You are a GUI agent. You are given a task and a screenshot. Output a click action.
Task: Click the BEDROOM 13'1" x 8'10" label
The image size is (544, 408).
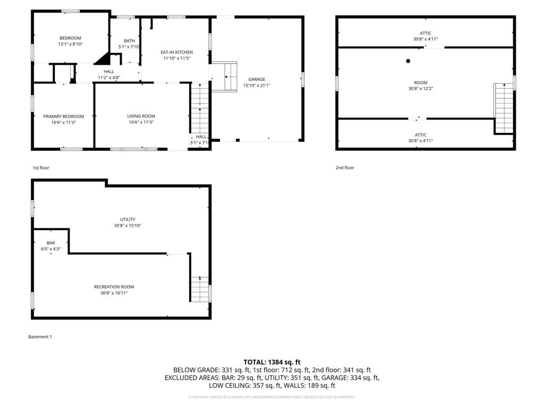coord(70,41)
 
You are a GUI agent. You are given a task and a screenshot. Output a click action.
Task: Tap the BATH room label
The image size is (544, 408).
coord(130,44)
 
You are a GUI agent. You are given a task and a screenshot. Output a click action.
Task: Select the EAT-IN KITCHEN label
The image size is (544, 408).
coord(176,55)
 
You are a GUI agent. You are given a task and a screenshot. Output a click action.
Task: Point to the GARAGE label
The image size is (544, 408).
coord(257,82)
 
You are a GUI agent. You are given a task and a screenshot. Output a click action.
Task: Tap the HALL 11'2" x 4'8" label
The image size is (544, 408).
coord(109,74)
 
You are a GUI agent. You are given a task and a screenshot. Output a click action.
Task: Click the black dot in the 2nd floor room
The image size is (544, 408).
coord(408,61)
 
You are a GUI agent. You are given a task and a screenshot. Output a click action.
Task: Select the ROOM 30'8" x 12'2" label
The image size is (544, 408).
coord(421,86)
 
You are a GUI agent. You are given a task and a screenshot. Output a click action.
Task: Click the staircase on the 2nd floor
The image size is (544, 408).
coord(504,108)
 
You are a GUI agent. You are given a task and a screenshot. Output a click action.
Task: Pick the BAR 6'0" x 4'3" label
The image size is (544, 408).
coord(51,245)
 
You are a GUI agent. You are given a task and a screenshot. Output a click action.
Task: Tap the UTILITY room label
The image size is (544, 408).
coord(127,222)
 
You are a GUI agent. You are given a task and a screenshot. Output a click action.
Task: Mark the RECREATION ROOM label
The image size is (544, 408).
coord(114,290)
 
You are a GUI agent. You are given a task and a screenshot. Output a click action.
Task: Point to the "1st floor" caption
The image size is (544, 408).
coord(41,168)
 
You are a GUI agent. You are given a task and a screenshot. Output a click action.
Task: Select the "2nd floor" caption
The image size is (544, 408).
coord(344,168)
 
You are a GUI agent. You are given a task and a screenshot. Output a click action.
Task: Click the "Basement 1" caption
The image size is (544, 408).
coord(40,337)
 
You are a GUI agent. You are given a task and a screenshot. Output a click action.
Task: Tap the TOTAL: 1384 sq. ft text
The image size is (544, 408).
coord(272,362)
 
